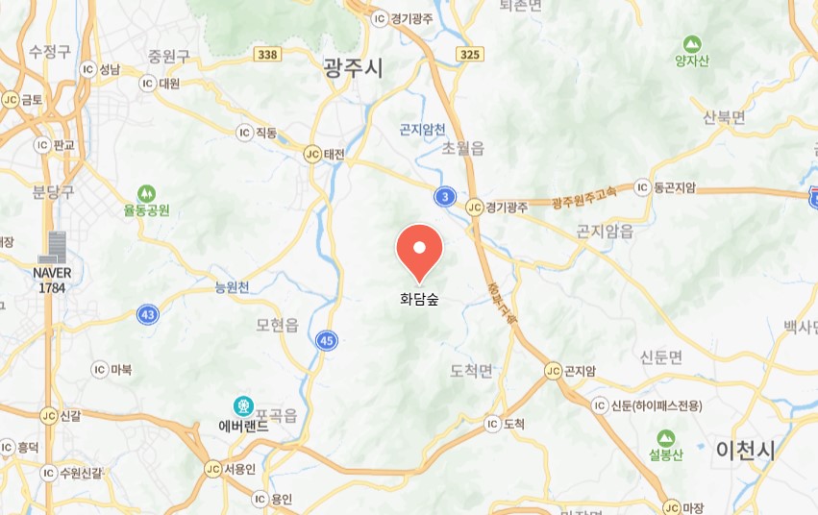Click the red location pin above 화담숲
pos(419,250)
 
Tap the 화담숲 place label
pos(419,298)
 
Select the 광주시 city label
pos(353,66)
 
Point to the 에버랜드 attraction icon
pos(243,407)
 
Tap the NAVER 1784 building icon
pos(52,247)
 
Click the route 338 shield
pos(268,55)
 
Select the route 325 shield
pos(470,55)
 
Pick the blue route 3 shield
pos(443,197)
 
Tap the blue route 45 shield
pos(327,339)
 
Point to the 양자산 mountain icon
pos(691,43)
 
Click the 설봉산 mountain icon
pos(665,435)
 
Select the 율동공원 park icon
pos(146,192)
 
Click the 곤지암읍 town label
pos(605,231)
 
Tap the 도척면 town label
pos(471,371)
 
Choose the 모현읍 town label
pos(278,325)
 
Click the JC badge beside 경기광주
pos(473,206)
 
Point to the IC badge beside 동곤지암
pos(641,186)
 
